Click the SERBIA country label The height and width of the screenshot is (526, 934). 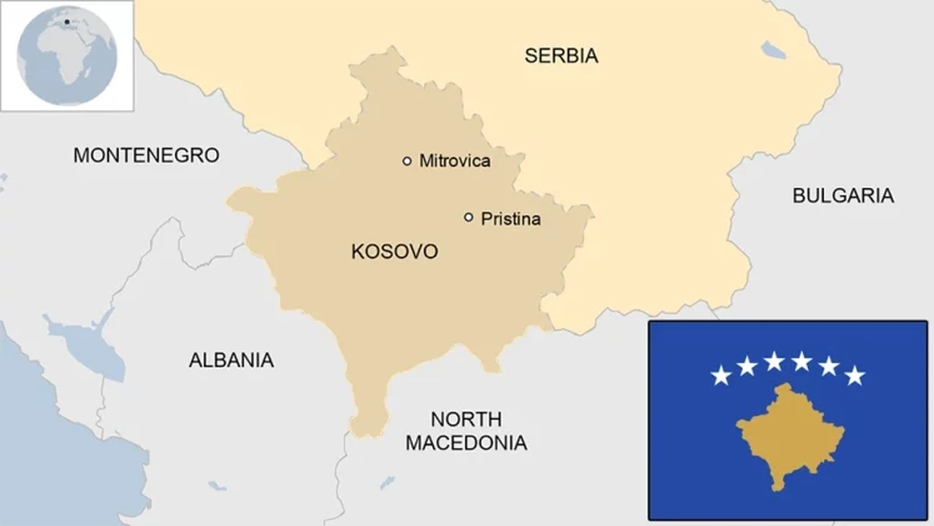(x=561, y=56)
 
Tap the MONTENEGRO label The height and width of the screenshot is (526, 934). (x=147, y=156)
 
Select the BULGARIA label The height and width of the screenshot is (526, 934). (x=842, y=195)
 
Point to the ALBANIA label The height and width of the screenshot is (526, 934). (x=231, y=360)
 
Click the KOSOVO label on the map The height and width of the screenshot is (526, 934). (x=395, y=252)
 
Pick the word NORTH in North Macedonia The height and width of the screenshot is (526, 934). (x=466, y=420)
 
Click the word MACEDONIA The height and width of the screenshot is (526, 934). (x=466, y=444)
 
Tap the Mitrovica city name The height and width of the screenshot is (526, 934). (x=454, y=161)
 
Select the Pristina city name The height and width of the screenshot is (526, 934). (x=510, y=219)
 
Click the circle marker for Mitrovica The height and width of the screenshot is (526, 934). (x=407, y=161)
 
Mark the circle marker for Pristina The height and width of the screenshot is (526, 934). (x=469, y=218)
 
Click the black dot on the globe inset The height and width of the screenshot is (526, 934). (x=67, y=22)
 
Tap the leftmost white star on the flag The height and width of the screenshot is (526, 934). (x=721, y=375)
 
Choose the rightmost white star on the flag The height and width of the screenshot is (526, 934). (x=854, y=375)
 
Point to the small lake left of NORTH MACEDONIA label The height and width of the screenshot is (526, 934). (x=387, y=482)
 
